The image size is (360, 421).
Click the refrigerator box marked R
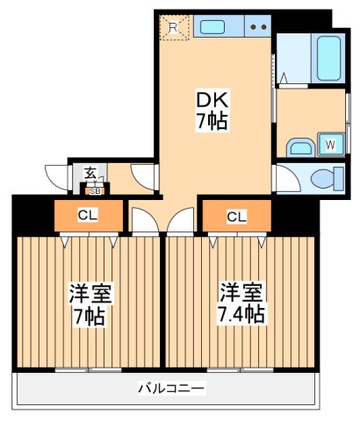pyautogui.click(x=174, y=28)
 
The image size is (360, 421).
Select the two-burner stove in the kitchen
pyautogui.click(x=258, y=27)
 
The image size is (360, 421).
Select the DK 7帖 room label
pyautogui.click(x=211, y=111)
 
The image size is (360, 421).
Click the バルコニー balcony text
pyautogui.click(x=171, y=387)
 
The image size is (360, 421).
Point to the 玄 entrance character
pyautogui.click(x=90, y=174)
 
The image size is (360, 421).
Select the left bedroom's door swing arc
pyautogui.click(x=143, y=220)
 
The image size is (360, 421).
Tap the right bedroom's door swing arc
pyautogui.click(x=179, y=220)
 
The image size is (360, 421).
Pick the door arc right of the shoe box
pyautogui.click(x=140, y=175)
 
